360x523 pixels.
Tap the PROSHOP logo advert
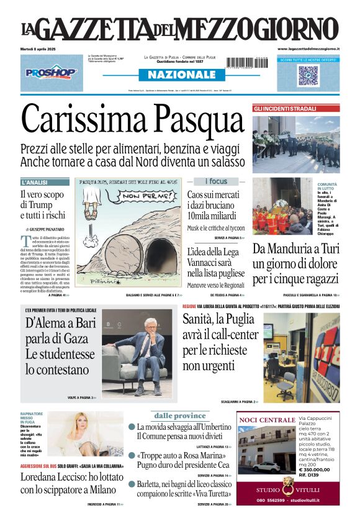(52, 73)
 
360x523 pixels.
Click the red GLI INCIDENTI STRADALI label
(285, 109)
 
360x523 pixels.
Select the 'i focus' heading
(217, 181)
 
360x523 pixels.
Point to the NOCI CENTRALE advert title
(267, 420)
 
